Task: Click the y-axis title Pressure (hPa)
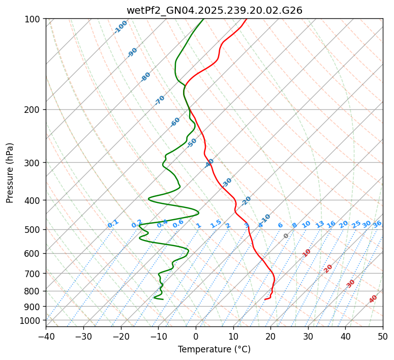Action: [x=10, y=172]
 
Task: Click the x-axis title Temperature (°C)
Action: [x=214, y=349]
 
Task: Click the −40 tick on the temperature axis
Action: [x=46, y=336]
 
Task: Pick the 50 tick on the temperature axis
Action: [x=383, y=336]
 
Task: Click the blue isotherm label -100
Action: [x=121, y=27]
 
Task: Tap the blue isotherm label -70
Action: [x=160, y=100]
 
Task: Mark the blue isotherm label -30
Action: [x=227, y=182]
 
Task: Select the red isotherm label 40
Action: [x=373, y=299]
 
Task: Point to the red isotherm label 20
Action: [x=328, y=268]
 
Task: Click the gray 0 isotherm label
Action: [x=286, y=236]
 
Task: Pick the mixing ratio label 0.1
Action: [x=113, y=223]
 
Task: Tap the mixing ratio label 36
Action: [x=377, y=224]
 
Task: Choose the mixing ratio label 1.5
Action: [x=216, y=223]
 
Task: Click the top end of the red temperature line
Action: [x=247, y=19]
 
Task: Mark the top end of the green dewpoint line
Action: [x=203, y=19]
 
